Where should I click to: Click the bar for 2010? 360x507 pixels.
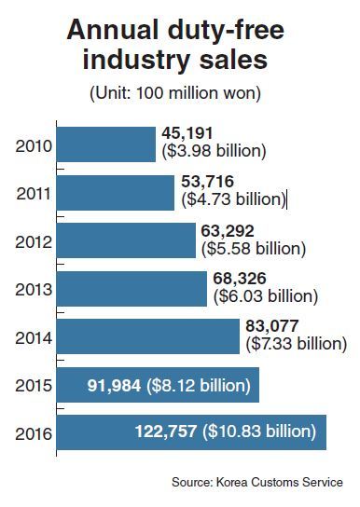[x=106, y=144]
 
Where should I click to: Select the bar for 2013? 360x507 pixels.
[x=132, y=289]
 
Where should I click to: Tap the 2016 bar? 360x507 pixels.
[x=191, y=432]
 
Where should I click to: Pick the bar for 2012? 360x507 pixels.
[x=126, y=240]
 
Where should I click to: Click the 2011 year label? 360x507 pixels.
[x=34, y=194]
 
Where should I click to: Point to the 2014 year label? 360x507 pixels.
[x=34, y=338]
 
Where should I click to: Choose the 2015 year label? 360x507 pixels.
[x=34, y=386]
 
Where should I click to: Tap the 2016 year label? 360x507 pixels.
[x=34, y=433]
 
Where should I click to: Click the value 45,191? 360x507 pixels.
[x=187, y=133]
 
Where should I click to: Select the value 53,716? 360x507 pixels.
[x=207, y=182]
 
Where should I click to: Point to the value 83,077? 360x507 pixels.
[x=272, y=326]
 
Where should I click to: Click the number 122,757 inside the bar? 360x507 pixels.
[x=166, y=432]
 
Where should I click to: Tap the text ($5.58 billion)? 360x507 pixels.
[x=254, y=249]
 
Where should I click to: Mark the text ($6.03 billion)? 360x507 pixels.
[x=266, y=296]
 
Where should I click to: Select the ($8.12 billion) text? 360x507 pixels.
[x=199, y=386]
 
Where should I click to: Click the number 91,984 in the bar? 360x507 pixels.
[x=114, y=386]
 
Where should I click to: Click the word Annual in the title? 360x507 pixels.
[x=112, y=30]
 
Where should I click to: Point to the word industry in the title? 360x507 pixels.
[x=136, y=60]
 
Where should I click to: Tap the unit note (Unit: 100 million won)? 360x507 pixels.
[x=175, y=94]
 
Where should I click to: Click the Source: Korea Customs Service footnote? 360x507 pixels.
[x=257, y=482]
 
